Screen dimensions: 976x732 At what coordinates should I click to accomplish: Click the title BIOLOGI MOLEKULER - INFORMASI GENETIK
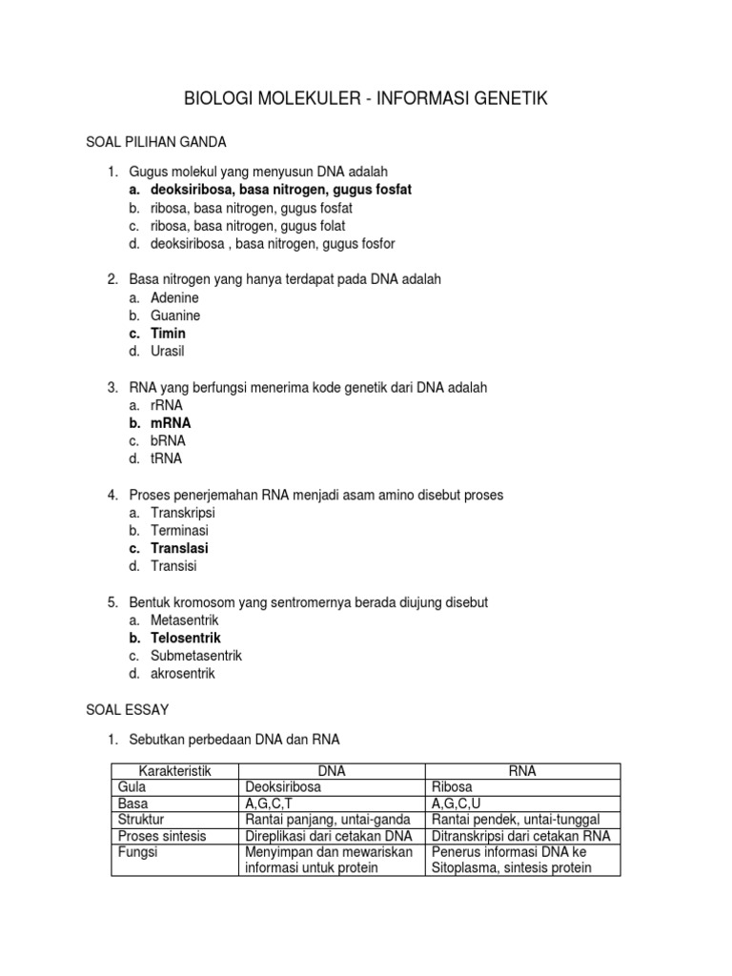(x=365, y=99)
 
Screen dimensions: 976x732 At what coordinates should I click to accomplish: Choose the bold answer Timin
(x=168, y=334)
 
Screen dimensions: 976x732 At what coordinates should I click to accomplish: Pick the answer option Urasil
(x=167, y=351)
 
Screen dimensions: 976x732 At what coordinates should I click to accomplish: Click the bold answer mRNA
(x=171, y=422)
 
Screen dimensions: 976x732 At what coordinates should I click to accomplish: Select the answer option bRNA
(x=168, y=440)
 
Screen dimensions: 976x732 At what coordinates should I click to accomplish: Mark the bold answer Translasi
(x=179, y=548)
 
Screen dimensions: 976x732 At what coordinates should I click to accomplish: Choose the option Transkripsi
(x=182, y=513)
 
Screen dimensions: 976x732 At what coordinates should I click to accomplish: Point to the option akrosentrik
(x=183, y=673)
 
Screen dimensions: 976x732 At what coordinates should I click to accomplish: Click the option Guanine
(x=175, y=315)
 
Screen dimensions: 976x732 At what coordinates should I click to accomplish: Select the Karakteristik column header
(x=174, y=771)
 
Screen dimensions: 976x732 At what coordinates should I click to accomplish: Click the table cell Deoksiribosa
(x=283, y=788)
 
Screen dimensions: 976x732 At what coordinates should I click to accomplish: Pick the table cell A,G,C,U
(x=457, y=803)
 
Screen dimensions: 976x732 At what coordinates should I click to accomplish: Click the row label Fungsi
(x=138, y=852)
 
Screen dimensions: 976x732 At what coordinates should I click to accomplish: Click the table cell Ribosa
(x=453, y=788)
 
